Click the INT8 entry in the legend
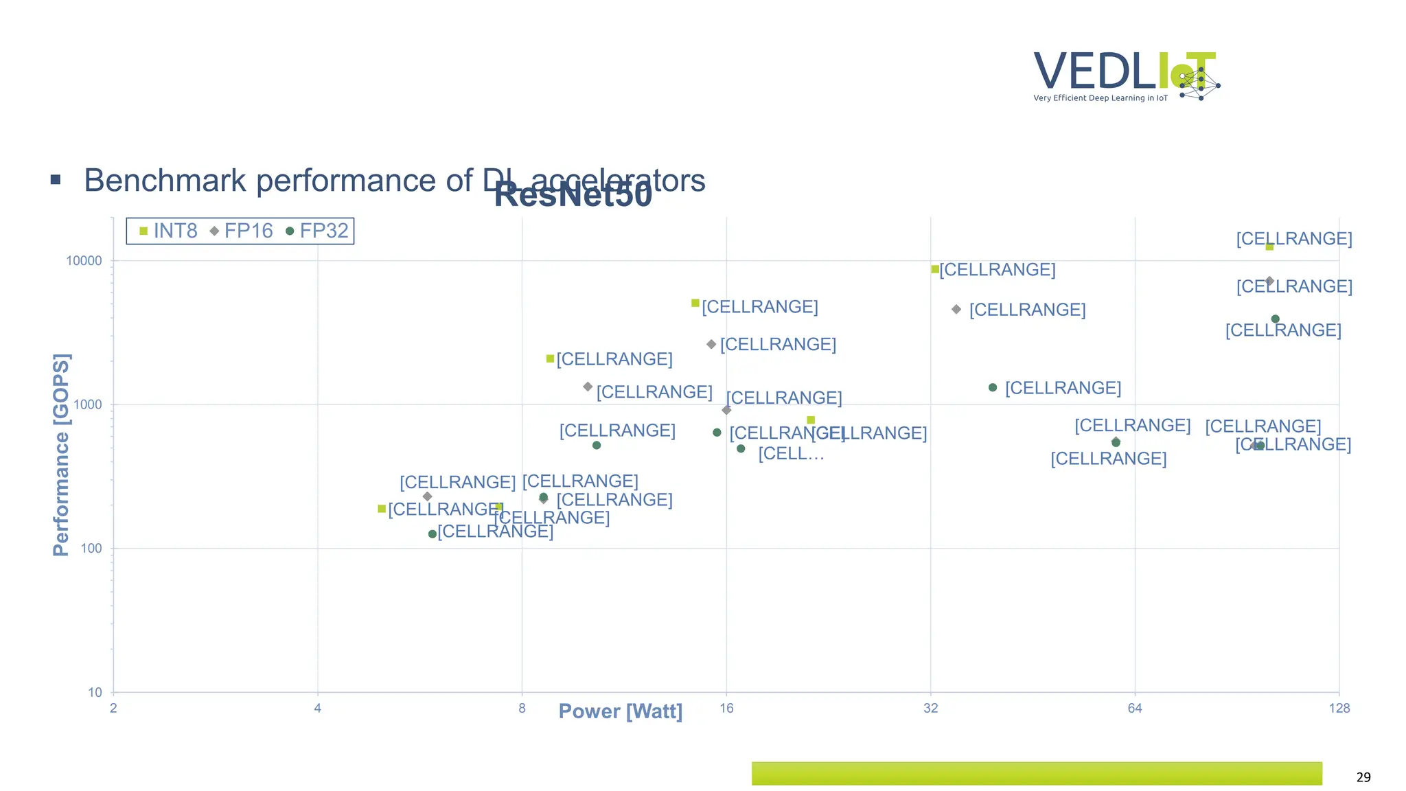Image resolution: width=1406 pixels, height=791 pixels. [x=169, y=231]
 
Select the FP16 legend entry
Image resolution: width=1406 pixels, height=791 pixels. [x=242, y=231]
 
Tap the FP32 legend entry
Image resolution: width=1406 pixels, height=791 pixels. [x=317, y=231]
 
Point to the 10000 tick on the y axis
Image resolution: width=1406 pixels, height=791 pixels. [x=84, y=261]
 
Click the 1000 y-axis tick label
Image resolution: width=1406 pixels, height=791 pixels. [x=87, y=404]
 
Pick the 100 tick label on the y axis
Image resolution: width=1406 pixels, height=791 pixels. [x=91, y=549]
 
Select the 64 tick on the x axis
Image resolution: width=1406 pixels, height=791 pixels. [x=1135, y=709]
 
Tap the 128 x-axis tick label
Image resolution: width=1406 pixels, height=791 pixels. [x=1339, y=709]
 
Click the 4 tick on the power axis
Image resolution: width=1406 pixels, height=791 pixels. [x=317, y=709]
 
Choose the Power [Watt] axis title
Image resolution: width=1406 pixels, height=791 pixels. [x=621, y=711]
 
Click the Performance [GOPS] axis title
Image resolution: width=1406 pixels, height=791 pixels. [x=61, y=455]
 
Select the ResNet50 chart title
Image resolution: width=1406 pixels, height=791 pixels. [x=573, y=195]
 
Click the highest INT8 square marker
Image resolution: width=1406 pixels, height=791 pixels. [x=1269, y=247]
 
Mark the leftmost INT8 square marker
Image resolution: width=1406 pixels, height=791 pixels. [x=382, y=509]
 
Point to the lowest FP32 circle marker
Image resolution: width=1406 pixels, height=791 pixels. [x=433, y=534]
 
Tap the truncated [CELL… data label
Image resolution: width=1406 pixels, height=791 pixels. [x=791, y=454]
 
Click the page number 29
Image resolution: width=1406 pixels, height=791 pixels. [x=1363, y=777]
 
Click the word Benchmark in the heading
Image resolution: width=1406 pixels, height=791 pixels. [x=165, y=181]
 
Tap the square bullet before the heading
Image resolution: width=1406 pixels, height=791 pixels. [x=56, y=180]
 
